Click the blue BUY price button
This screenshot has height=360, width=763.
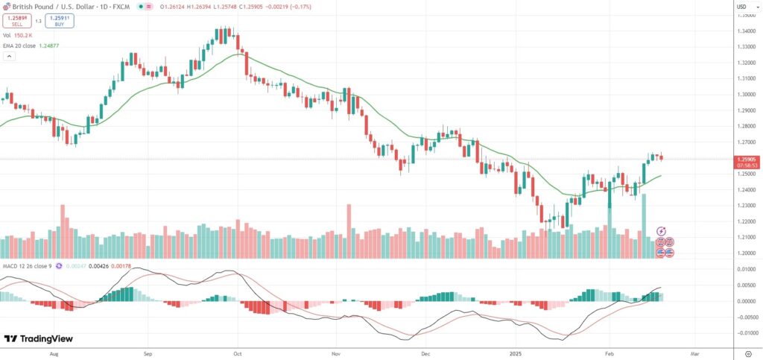click(x=59, y=20)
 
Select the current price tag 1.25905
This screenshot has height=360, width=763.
click(x=746, y=158)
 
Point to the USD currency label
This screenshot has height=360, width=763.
click(x=741, y=7)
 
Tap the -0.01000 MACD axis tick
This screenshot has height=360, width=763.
click(x=745, y=332)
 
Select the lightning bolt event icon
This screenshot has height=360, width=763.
click(x=661, y=232)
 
